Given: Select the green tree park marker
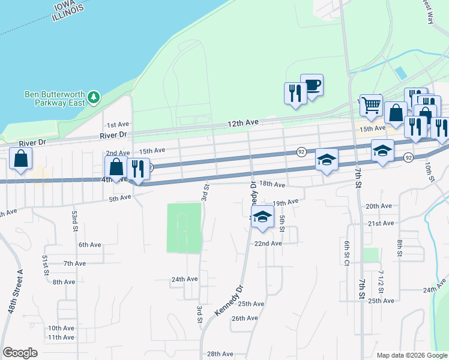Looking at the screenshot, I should pos(93,97).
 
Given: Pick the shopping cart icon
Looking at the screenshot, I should pos(372,105).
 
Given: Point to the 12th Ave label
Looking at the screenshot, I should pos(243,122).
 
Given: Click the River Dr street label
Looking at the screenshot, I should pos(116,135).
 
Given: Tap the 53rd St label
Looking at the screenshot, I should pos(74,221).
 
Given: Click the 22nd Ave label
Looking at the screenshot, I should pos(268,244).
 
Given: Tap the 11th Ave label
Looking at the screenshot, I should pos(61,337).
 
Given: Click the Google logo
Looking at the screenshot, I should pos(20,353).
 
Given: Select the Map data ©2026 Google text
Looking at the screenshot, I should pos(411,355).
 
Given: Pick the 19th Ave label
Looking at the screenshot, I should pos(285,203).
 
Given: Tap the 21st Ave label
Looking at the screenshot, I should pos(381,223).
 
